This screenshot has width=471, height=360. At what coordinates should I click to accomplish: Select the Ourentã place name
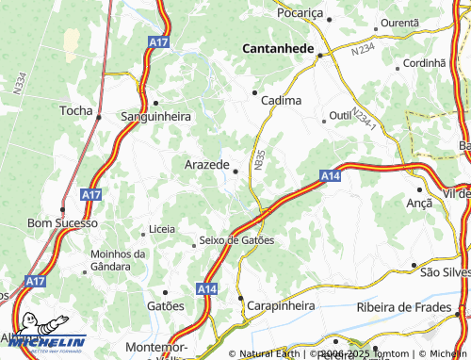pyautogui.click(x=399, y=22)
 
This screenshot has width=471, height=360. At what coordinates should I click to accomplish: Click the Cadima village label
pyautogui.click(x=283, y=100)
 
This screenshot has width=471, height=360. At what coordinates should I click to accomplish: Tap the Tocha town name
pyautogui.click(x=76, y=110)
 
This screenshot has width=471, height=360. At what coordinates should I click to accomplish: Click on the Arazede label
pyautogui.click(x=205, y=165)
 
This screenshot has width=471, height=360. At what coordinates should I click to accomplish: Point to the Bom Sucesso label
pyautogui.click(x=62, y=223)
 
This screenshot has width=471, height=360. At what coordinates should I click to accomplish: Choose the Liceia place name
pyautogui.click(x=162, y=230)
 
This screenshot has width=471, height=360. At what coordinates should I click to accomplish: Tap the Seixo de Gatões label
pyautogui.click(x=236, y=240)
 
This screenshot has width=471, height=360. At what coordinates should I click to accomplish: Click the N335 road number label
pyautogui.click(x=258, y=161)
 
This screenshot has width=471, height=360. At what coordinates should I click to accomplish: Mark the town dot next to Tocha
pyautogui.click(x=99, y=117)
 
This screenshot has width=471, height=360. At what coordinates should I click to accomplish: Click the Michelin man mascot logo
pyautogui.click(x=29, y=331)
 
